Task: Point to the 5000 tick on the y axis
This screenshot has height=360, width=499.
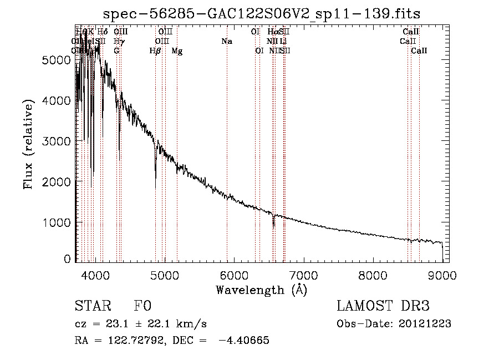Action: [x=76, y=60]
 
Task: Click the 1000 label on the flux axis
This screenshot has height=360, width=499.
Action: [x=55, y=222]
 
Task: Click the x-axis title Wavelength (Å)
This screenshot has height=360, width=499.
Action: [x=261, y=290]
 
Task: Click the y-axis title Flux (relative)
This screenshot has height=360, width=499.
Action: [x=28, y=144]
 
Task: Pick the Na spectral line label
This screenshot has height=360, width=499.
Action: [x=226, y=42]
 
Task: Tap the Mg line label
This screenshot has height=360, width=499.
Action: [x=177, y=51]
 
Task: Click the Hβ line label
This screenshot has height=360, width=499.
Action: [x=155, y=51]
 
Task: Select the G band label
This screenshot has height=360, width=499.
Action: [x=116, y=51]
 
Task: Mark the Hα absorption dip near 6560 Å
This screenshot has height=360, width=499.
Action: [x=273, y=225]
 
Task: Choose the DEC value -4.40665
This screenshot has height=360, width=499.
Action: [x=244, y=341]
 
